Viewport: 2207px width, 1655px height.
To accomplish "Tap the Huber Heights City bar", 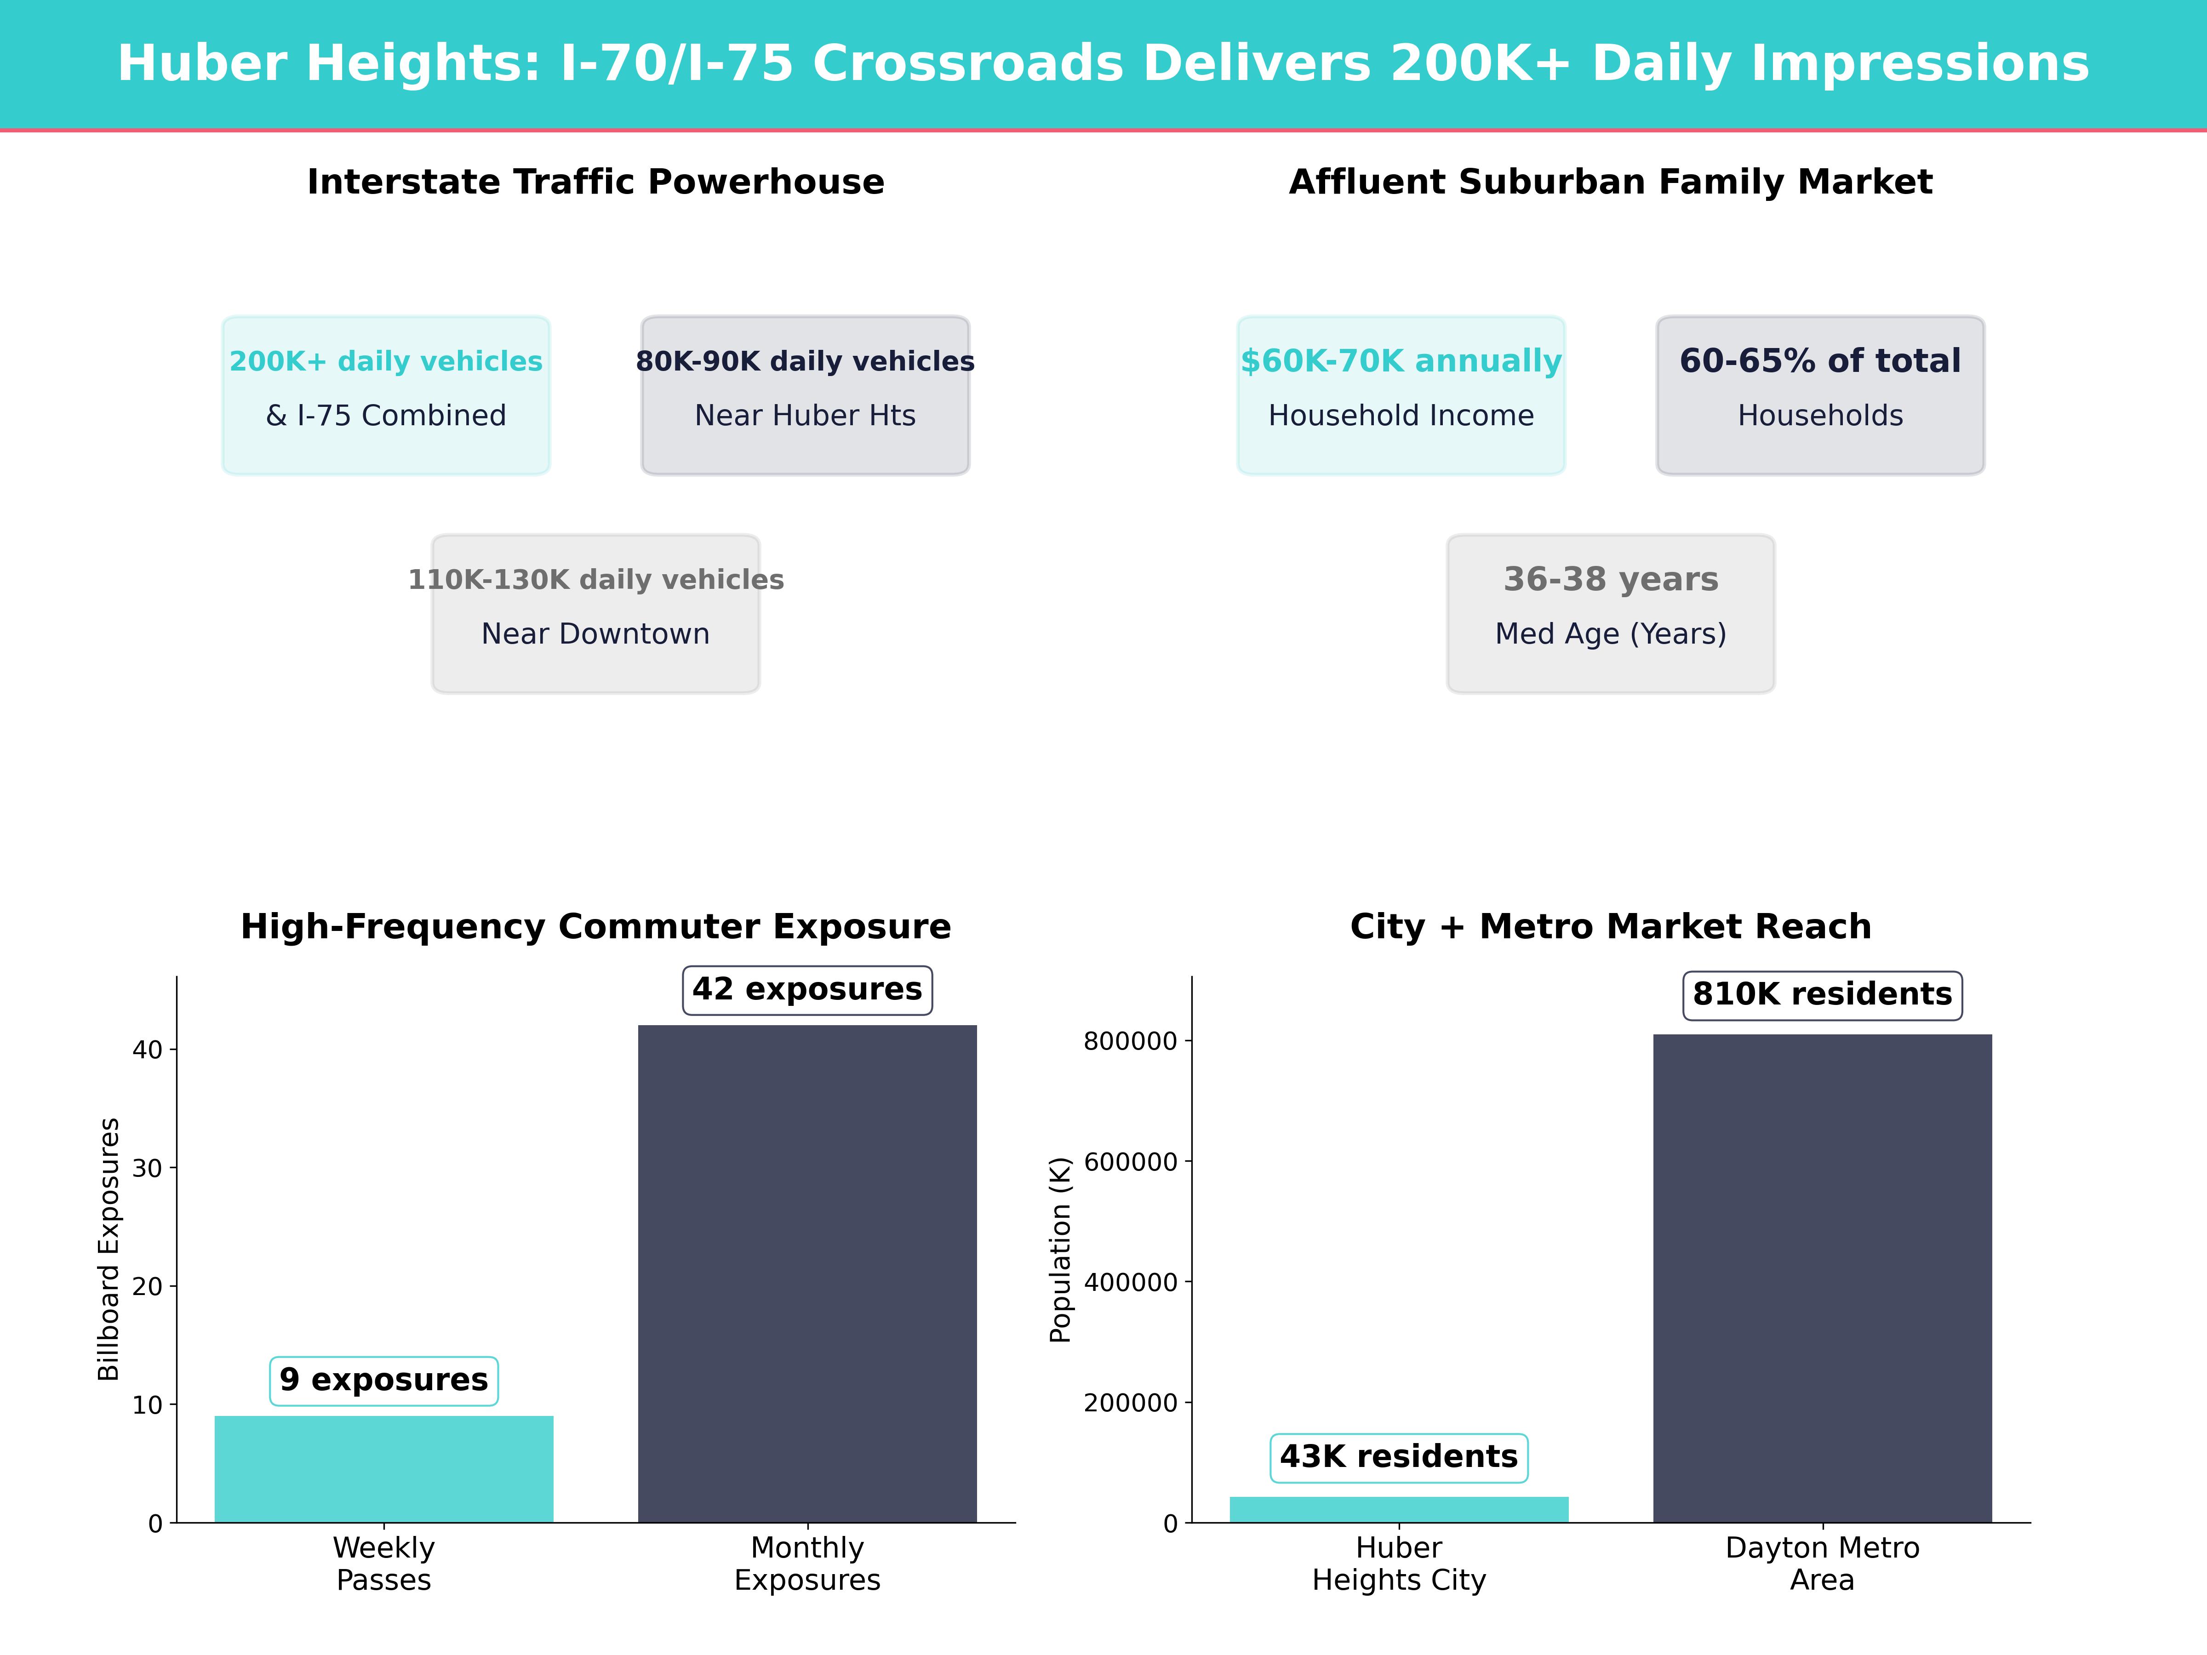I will click(1399, 1509).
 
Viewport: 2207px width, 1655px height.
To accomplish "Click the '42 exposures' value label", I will click(807, 990).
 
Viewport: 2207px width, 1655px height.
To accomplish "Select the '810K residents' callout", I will click(1822, 994).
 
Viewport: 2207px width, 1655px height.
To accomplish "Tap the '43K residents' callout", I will click(1399, 1457).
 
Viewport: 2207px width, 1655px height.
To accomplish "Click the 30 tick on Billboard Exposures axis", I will click(148, 1168).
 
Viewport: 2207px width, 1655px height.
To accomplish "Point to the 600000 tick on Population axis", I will click(1131, 1162).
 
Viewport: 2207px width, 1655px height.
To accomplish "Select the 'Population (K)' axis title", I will click(1060, 1249).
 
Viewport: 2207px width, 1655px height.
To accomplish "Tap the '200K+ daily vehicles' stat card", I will click(386, 395).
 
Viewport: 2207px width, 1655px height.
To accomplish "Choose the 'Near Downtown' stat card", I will click(595, 614).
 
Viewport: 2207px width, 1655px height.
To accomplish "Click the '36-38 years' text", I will click(1610, 580).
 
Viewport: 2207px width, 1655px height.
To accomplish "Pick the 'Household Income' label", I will click(1401, 416).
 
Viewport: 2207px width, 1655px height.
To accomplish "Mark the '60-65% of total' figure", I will click(1820, 361).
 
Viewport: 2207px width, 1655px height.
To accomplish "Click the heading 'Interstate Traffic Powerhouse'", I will click(595, 183).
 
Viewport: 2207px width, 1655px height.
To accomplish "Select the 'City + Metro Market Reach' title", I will click(1610, 927).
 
